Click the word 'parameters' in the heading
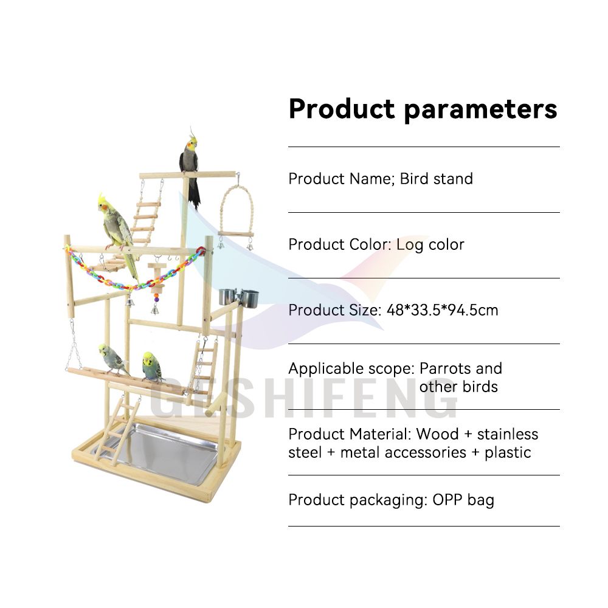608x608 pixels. [x=480, y=110]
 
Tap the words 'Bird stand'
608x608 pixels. [x=436, y=179]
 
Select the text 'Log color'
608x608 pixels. [x=430, y=244]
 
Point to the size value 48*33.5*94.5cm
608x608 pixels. [x=443, y=310]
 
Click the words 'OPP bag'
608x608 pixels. [x=463, y=500]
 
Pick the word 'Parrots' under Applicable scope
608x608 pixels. [x=446, y=368]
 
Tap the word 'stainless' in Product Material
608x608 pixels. [x=508, y=434]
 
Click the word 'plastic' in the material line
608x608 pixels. [x=508, y=453]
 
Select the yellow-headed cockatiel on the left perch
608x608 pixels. [x=119, y=233]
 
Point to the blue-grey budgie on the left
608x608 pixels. [x=112, y=359]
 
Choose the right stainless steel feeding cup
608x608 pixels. [x=249, y=298]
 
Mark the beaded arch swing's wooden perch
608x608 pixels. [x=236, y=234]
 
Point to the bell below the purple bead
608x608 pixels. [x=154, y=309]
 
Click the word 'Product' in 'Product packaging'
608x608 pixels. [x=317, y=500]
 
